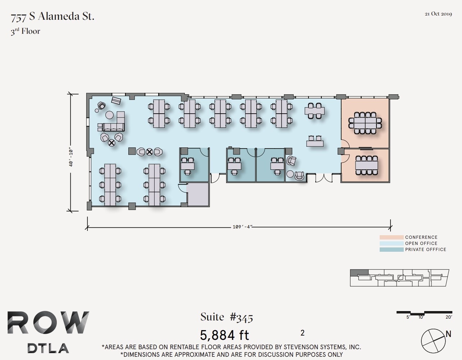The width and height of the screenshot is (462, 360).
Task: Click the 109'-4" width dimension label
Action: click(x=242, y=227)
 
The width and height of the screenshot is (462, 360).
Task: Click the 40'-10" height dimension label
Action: click(x=71, y=158)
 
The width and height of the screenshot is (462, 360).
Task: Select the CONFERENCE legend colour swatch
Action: click(x=391, y=237)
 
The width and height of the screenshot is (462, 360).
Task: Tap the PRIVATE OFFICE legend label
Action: click(x=425, y=250)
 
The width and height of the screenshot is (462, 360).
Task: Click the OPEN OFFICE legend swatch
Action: click(x=391, y=243)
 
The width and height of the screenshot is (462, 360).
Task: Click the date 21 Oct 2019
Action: click(x=438, y=14)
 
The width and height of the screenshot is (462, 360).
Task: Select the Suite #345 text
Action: click(x=227, y=317)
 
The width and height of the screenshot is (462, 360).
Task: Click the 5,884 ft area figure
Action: click(x=224, y=335)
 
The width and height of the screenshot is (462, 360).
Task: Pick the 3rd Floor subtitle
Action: click(x=25, y=31)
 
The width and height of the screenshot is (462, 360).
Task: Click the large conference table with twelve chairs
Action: click(x=365, y=123)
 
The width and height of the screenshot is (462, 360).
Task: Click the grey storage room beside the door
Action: click(x=198, y=194)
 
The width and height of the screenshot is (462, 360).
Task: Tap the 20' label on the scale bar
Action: click(x=448, y=317)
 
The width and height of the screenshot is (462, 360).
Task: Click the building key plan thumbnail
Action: click(x=399, y=278)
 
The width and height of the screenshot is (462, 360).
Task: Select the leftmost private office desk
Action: click(x=187, y=166)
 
